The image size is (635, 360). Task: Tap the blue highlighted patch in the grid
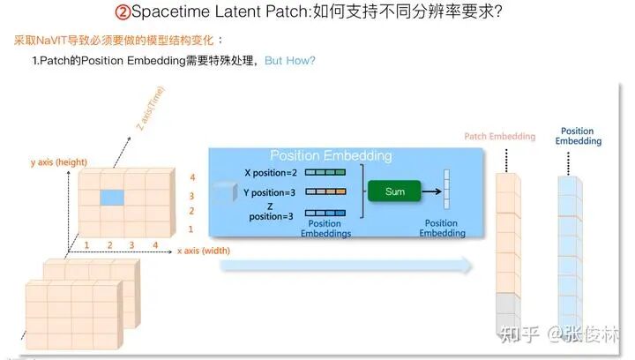click(x=110, y=197)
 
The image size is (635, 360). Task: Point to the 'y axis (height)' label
click(x=58, y=162)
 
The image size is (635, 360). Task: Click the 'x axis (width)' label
click(x=207, y=251)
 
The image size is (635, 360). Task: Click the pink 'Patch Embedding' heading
click(x=499, y=136)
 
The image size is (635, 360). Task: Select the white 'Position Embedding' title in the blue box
click(x=330, y=155)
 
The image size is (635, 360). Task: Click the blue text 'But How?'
click(x=290, y=60)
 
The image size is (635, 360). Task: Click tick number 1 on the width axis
click(x=87, y=244)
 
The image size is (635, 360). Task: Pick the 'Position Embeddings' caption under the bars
click(x=325, y=229)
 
